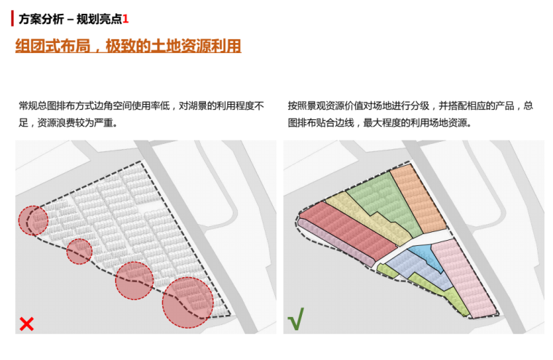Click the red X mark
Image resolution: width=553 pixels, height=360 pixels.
[27, 324]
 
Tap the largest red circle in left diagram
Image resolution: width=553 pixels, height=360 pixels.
[187, 302]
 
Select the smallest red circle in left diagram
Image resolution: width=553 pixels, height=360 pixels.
[79, 252]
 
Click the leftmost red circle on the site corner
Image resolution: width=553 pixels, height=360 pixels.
[32, 220]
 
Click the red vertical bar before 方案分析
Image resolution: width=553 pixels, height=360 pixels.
[12, 17]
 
